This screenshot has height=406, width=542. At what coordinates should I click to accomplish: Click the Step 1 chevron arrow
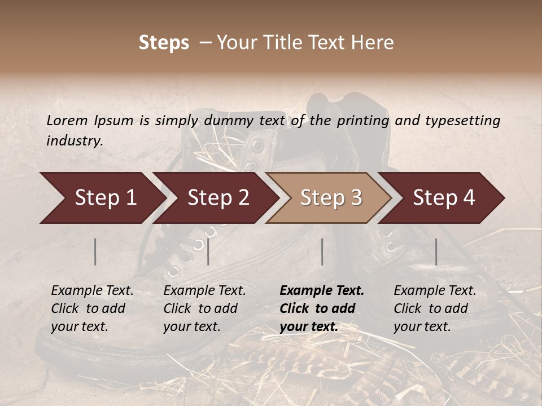click(102, 198)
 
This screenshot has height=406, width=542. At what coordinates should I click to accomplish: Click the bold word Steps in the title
click(164, 43)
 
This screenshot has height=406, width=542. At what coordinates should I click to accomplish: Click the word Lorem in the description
click(67, 121)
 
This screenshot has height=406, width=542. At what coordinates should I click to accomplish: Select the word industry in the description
click(74, 141)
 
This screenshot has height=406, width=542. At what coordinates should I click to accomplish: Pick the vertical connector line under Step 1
click(95, 251)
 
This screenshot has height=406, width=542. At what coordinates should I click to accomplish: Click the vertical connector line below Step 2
click(208, 251)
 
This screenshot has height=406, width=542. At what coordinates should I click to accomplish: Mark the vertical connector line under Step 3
click(322, 251)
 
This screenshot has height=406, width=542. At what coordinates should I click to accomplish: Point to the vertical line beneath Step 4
click(436, 251)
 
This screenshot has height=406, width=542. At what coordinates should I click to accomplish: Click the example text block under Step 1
click(92, 308)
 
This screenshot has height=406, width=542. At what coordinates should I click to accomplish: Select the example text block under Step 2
click(204, 308)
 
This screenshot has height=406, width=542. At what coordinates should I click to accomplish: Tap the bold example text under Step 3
click(322, 308)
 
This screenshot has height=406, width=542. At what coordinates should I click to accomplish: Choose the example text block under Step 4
click(435, 308)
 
